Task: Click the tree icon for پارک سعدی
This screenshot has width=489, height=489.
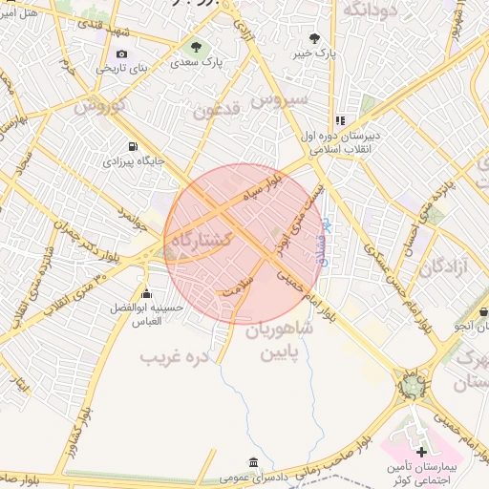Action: click(197, 46)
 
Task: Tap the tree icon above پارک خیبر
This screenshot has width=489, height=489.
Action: click(314, 39)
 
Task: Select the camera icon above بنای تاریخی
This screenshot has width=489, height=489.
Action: click(121, 54)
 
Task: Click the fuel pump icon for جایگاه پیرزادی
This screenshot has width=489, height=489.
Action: click(132, 147)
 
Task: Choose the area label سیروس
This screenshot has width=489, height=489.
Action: click(280, 98)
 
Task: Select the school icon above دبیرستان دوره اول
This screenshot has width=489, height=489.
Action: click(340, 120)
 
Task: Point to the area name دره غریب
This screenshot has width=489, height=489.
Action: click(174, 358)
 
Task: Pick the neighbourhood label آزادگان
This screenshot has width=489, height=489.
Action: click(442, 266)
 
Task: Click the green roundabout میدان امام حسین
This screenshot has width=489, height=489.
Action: click(414, 384)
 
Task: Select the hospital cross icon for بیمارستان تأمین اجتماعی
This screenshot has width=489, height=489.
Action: click(422, 450)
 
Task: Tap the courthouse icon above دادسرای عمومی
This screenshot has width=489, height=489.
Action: click(253, 462)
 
